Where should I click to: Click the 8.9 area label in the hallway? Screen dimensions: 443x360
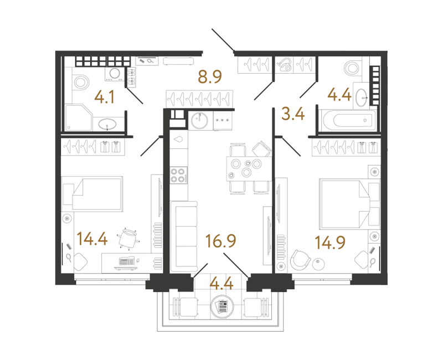(210, 76)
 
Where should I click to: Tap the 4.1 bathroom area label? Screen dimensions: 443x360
(105, 97)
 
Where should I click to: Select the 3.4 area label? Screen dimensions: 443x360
(293, 114)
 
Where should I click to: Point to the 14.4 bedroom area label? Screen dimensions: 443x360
(92, 239)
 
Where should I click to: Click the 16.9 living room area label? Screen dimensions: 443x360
(220, 241)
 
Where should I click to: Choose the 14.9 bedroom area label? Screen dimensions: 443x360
(329, 243)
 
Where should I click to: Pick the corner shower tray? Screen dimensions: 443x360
(79, 117)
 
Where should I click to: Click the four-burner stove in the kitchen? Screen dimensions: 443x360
(178, 175)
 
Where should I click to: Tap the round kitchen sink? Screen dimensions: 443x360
(199, 120)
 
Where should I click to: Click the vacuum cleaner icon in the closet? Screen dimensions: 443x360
(284, 65)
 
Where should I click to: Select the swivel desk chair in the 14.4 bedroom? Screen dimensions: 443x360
(128, 239)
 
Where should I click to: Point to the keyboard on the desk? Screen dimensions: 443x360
(126, 261)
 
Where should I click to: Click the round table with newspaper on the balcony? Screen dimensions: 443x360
(223, 306)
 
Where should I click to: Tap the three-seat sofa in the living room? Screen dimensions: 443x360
(184, 237)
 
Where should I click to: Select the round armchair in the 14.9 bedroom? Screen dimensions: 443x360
(300, 260)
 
